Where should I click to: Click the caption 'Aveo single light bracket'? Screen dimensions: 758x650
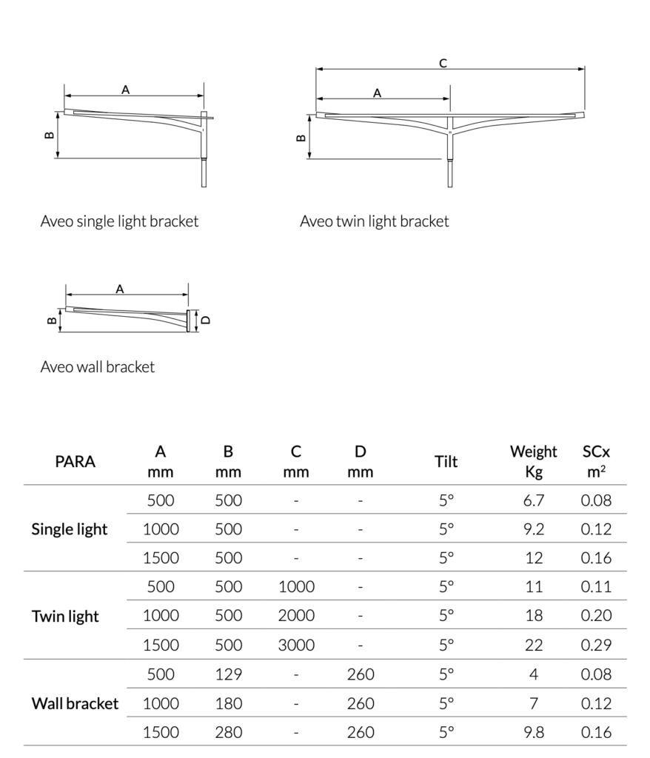pyautogui.click(x=119, y=221)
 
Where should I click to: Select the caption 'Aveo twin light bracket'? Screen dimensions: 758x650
pyautogui.click(x=374, y=221)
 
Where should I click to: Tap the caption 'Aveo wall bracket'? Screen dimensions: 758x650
pyautogui.click(x=97, y=366)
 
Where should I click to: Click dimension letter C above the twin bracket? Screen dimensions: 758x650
pyautogui.click(x=443, y=64)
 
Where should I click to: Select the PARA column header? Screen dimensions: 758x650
pyautogui.click(x=75, y=462)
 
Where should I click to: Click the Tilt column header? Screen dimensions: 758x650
pyautogui.click(x=446, y=462)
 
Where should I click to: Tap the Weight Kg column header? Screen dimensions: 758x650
pyautogui.click(x=533, y=461)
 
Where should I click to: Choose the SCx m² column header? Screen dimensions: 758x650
pyautogui.click(x=596, y=461)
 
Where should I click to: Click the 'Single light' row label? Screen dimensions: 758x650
pyautogui.click(x=70, y=529)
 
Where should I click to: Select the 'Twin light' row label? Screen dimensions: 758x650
pyautogui.click(x=65, y=616)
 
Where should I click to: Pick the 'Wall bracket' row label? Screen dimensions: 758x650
pyautogui.click(x=75, y=703)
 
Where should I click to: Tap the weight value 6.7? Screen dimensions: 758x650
pyautogui.click(x=534, y=500)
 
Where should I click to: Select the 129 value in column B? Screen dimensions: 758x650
pyautogui.click(x=228, y=674)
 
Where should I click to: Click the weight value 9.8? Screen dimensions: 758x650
pyautogui.click(x=534, y=733)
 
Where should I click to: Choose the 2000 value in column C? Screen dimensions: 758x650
pyautogui.click(x=296, y=616)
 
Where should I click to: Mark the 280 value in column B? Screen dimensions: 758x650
pyautogui.click(x=228, y=733)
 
